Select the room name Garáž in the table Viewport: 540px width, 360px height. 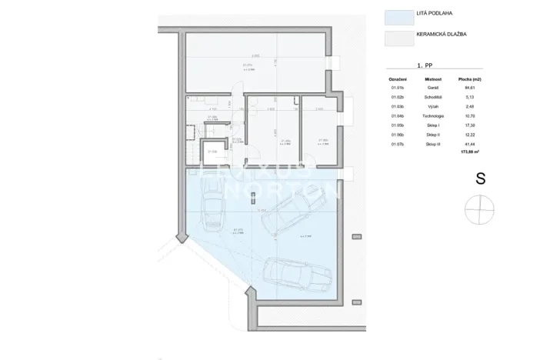click(x=432, y=88)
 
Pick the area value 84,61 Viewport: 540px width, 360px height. click(x=468, y=88)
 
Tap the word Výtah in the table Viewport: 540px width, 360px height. click(x=432, y=106)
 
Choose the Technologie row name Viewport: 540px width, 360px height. click(x=432, y=115)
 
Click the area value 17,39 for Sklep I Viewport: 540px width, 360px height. click(x=468, y=125)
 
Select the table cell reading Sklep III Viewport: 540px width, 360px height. click(x=432, y=143)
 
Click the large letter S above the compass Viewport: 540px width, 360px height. click(x=480, y=178)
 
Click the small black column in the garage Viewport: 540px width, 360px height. click(x=252, y=197)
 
